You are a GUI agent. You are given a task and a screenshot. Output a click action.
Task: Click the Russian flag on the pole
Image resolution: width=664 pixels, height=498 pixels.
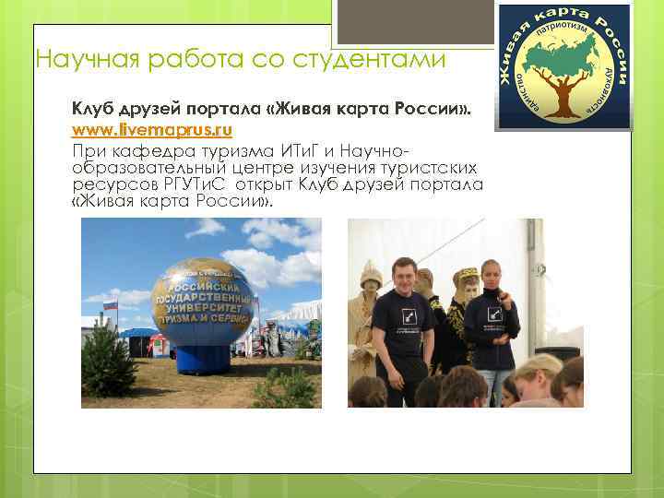(110, 305)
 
